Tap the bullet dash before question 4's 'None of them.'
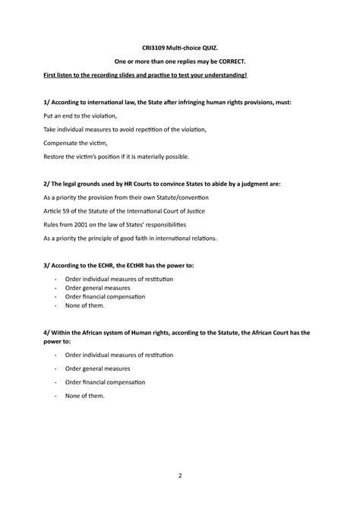56,397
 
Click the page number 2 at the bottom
180,476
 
